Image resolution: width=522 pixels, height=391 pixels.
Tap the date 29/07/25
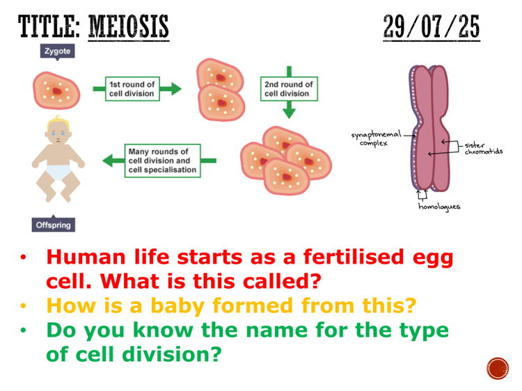[x=431, y=27]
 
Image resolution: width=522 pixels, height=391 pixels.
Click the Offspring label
[x=54, y=225]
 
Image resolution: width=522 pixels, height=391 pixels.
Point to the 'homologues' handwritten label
[x=439, y=207]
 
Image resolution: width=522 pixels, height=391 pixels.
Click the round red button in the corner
[x=498, y=367]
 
